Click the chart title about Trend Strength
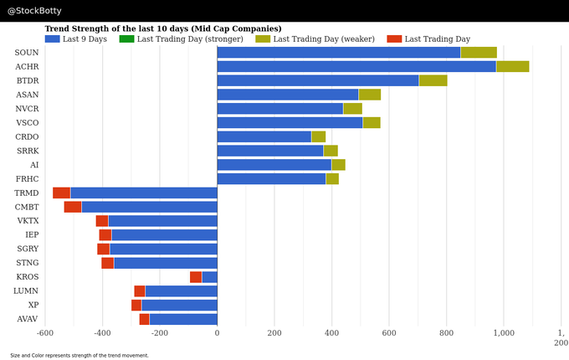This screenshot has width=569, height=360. pyautogui.click(x=163, y=28)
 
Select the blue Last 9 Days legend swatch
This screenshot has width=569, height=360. pyautogui.click(x=52, y=39)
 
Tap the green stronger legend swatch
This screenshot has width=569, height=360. pyautogui.click(x=126, y=39)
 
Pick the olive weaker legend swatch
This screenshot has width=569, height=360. pyautogui.click(x=263, y=39)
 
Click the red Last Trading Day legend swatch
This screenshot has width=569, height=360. pyautogui.click(x=394, y=39)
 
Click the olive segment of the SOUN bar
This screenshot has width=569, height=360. pyautogui.click(x=479, y=53)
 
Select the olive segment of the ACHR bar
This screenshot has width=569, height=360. pyautogui.click(x=512, y=66)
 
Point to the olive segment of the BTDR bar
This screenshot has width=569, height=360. pyautogui.click(x=433, y=80)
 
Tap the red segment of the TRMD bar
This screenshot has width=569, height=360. pyautogui.click(x=61, y=193)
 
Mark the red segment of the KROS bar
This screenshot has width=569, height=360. pyautogui.click(x=196, y=277)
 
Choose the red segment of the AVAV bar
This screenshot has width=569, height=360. pyautogui.click(x=144, y=319)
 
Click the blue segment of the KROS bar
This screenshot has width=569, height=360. pyautogui.click(x=209, y=277)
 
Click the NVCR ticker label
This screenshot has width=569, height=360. pyautogui.click(x=27, y=109)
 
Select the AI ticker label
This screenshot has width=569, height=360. pyautogui.click(x=33, y=165)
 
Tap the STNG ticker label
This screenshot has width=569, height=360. pyautogui.click(x=27, y=263)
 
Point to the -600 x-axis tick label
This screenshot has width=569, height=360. pyautogui.click(x=44, y=333)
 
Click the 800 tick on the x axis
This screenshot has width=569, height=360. pyautogui.click(x=446, y=333)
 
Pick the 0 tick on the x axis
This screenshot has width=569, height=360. pyautogui.click(x=217, y=333)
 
